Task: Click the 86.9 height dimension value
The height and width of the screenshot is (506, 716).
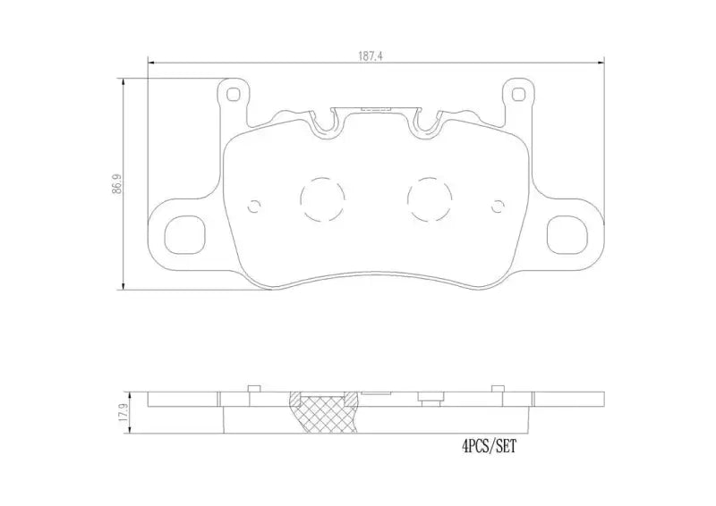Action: [x=115, y=185]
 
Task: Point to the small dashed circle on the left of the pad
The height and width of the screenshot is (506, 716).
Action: [x=254, y=206]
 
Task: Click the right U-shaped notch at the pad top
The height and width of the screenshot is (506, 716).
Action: [x=426, y=125]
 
